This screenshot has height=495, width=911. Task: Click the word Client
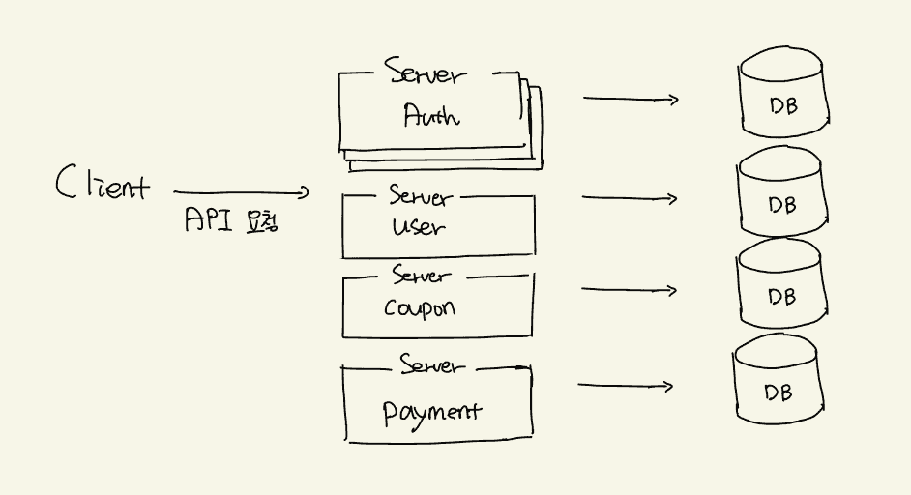(x=103, y=183)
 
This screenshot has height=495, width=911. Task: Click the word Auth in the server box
(x=430, y=116)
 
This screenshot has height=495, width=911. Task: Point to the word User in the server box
(x=419, y=228)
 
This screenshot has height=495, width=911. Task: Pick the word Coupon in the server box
(x=419, y=308)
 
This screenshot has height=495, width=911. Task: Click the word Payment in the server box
(x=431, y=412)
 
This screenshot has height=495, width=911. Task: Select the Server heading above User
(x=420, y=196)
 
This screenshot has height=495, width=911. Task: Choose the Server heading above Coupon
(x=422, y=276)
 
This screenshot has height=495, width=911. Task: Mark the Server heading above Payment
(x=431, y=365)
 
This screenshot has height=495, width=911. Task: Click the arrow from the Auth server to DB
(x=631, y=99)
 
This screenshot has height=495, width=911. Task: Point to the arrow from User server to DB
(x=630, y=199)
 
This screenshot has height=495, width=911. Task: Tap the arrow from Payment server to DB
(x=625, y=387)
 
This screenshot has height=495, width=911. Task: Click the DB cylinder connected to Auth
(x=782, y=97)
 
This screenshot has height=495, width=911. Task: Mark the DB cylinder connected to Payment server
(x=778, y=384)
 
